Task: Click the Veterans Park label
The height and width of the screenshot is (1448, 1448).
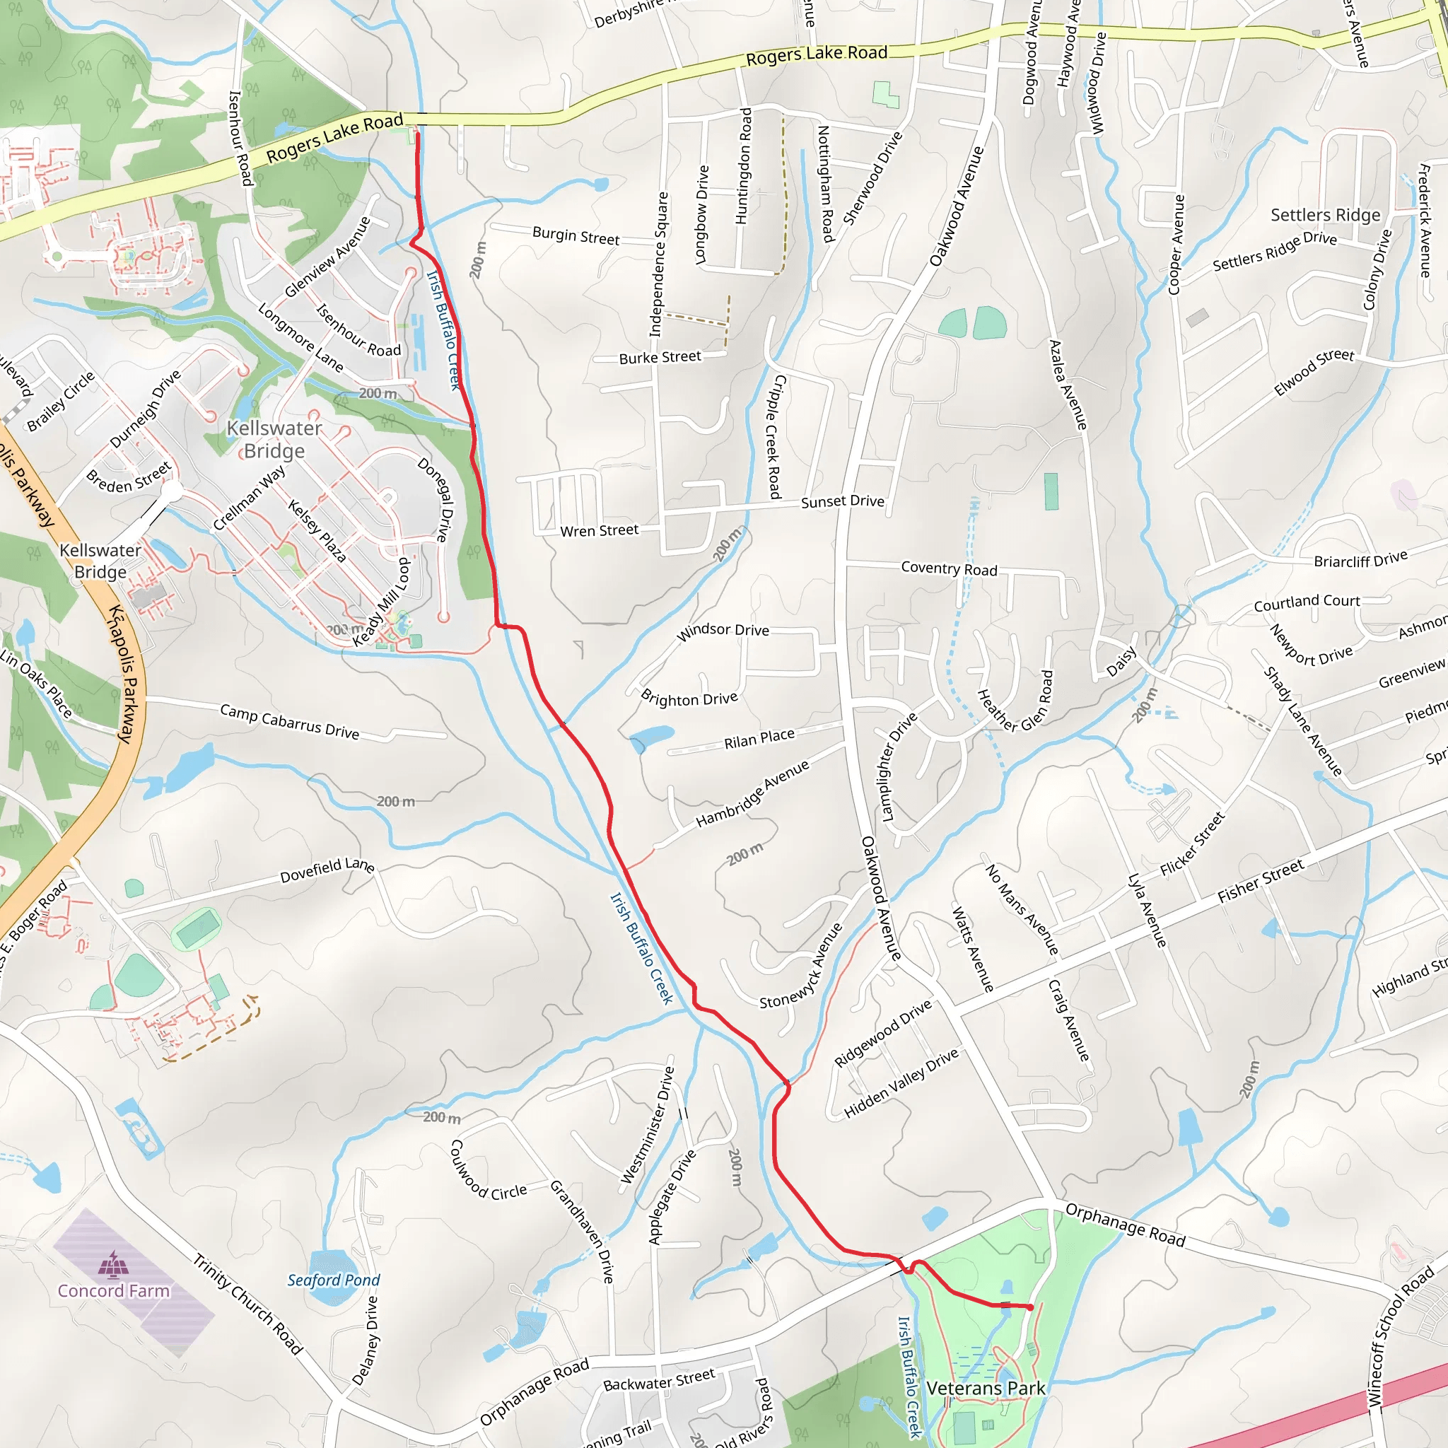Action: pos(985,1388)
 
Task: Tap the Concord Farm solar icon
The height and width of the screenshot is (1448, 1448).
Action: pos(114,1263)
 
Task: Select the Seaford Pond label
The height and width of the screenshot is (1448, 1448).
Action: pos(334,1280)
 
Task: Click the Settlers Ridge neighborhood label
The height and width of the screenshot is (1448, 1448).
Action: pos(1325,215)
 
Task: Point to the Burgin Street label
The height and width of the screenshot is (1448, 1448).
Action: pos(576,235)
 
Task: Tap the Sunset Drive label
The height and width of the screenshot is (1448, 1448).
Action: pos(842,501)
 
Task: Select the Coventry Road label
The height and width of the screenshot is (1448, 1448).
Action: pos(949,569)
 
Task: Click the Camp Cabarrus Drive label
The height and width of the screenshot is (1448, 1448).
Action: pos(289,721)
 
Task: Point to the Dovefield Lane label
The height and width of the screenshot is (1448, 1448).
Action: pos(327,870)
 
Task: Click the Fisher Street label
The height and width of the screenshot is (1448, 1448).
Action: pos(1261,882)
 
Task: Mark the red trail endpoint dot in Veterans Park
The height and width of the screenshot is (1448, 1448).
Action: pos(1031,1307)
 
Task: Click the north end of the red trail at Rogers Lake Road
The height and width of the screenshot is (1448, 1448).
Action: pos(417,133)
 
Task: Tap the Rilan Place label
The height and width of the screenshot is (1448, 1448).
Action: pos(759,738)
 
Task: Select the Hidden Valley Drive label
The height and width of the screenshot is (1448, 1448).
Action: pos(901,1083)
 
